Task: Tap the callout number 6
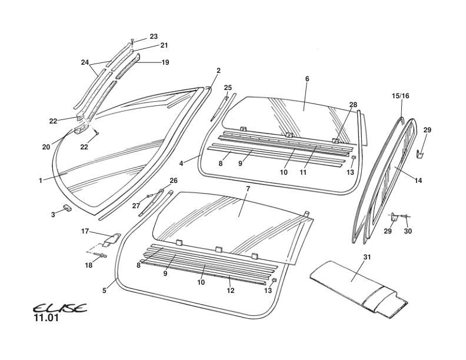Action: pos(307,79)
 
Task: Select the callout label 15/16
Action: pos(401,95)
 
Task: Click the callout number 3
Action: pos(53,215)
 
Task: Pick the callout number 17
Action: pos(85,231)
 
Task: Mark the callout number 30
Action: pos(408,231)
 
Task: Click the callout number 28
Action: pos(353,105)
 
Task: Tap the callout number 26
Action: pos(173,181)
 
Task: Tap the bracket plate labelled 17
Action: pos(109,239)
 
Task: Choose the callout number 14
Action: pos(418,181)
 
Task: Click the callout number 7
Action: pos(248,188)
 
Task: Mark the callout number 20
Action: pos(46,147)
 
